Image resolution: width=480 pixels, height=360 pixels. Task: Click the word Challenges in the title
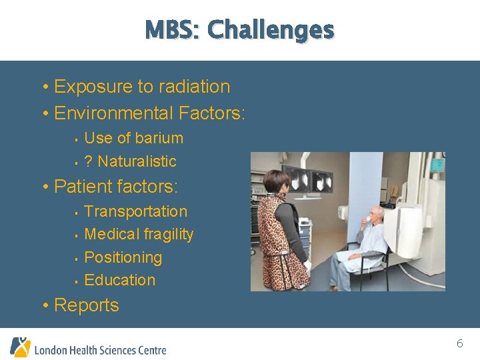[x=270, y=30]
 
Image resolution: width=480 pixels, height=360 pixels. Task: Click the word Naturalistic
[x=137, y=161]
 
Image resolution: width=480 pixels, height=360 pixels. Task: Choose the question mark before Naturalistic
[x=89, y=161]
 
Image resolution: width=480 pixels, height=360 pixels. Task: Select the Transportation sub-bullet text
[x=136, y=211]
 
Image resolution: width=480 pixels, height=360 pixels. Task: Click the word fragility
[x=167, y=235]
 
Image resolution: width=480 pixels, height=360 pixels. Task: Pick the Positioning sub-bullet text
[x=123, y=257]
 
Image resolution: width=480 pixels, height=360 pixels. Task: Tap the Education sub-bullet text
[x=120, y=280]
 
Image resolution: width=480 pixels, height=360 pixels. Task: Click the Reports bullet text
[x=86, y=305]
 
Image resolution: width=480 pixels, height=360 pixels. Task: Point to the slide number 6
[x=459, y=344]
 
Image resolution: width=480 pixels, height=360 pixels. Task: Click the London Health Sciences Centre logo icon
[x=20, y=347]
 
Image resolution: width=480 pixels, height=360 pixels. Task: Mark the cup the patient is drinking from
[x=367, y=219]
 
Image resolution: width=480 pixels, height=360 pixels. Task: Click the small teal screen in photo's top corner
[x=437, y=163]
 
